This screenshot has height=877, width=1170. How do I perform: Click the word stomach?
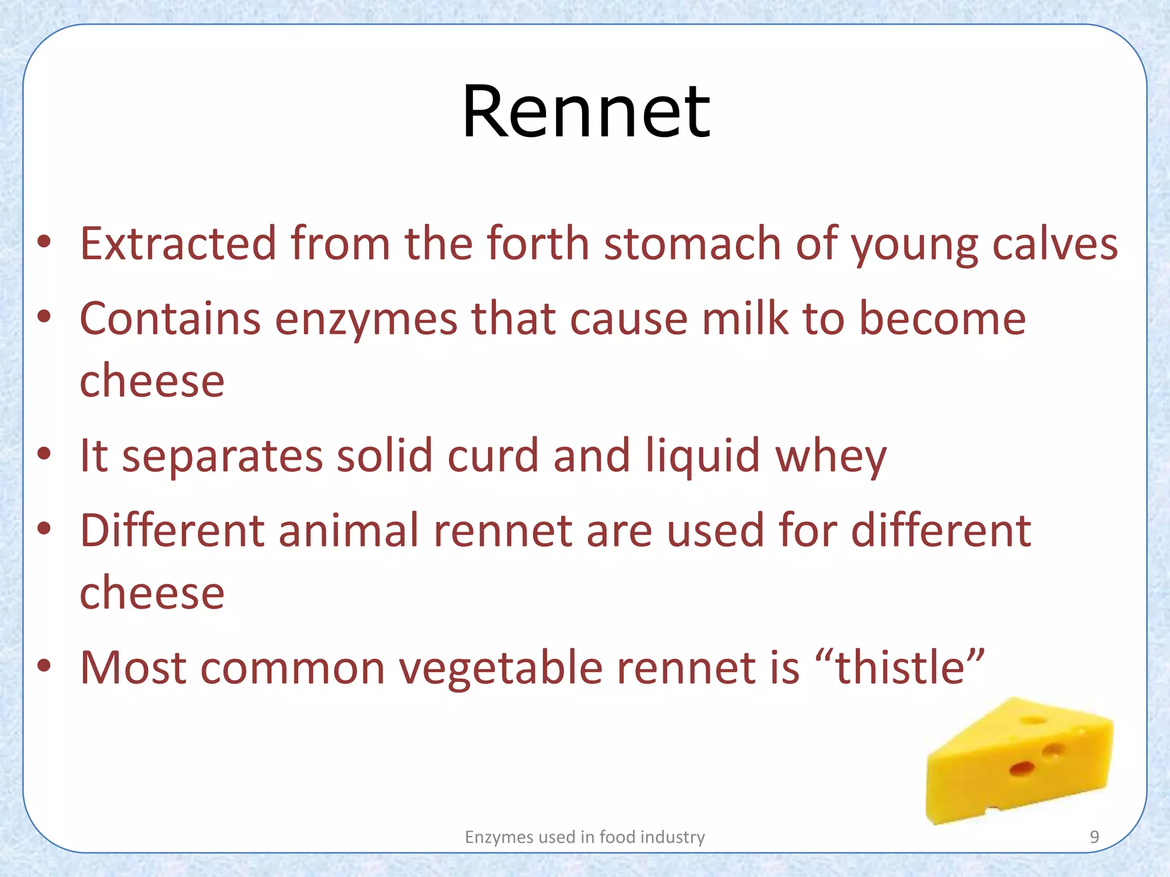click(x=693, y=244)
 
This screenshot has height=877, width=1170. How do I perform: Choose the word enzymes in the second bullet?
click(x=366, y=320)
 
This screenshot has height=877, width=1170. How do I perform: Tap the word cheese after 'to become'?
click(x=152, y=381)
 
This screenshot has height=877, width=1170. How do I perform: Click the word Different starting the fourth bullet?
click(x=172, y=530)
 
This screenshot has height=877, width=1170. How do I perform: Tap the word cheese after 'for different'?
click(x=152, y=593)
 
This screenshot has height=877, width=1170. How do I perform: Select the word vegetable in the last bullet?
click(x=500, y=669)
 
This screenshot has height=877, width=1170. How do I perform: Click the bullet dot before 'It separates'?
click(x=45, y=454)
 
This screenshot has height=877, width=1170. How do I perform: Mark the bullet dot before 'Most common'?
click(x=45, y=666)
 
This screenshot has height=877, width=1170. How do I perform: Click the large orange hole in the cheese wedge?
click(x=1022, y=769)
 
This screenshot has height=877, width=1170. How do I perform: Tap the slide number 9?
click(x=1094, y=837)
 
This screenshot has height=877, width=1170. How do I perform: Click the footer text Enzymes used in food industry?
click(x=584, y=837)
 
